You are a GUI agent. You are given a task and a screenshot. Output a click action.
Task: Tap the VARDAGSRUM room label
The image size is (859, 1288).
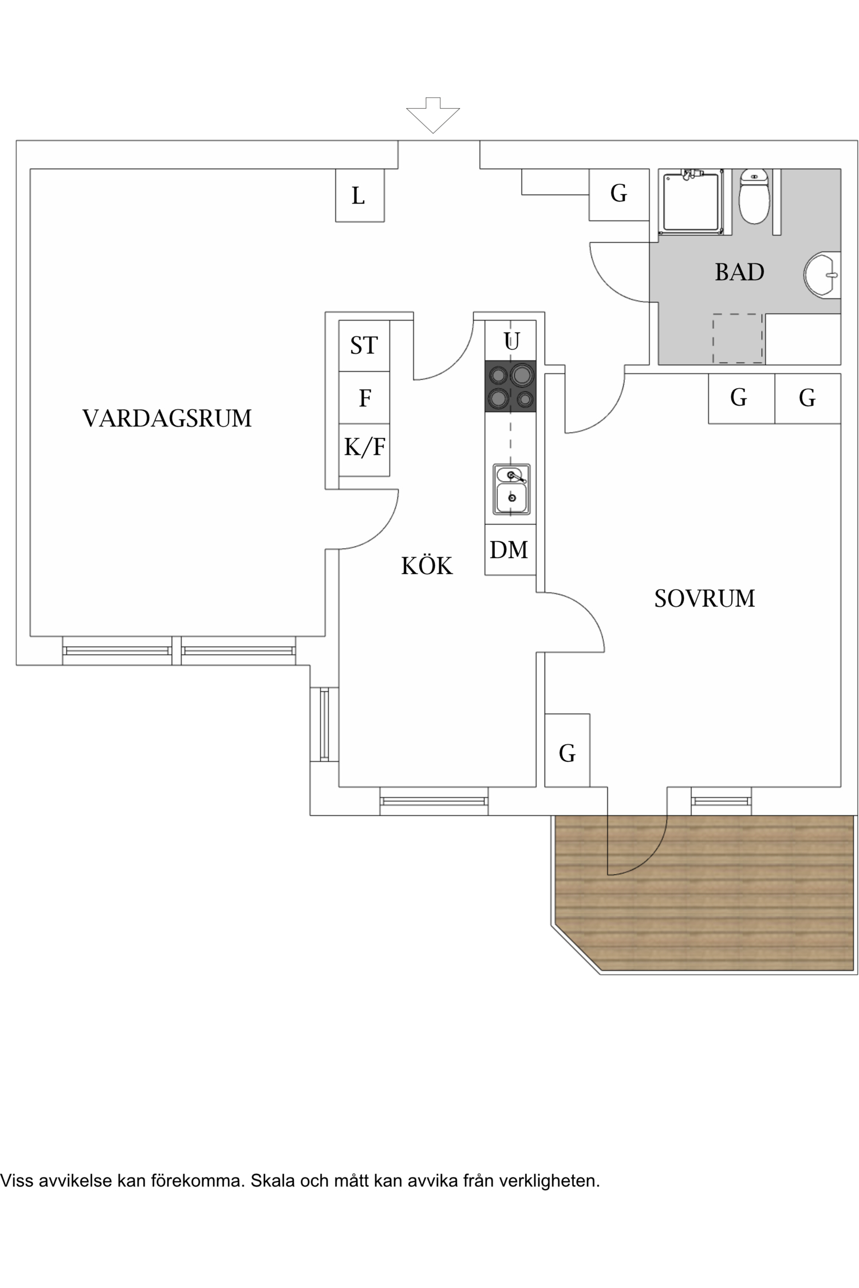(x=167, y=418)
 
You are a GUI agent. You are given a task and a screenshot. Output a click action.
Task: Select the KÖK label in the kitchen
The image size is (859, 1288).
(x=427, y=566)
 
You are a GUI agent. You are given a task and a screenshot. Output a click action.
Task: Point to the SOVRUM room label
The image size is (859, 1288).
(x=704, y=598)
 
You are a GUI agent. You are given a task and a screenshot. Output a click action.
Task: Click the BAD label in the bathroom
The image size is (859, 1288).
(x=739, y=272)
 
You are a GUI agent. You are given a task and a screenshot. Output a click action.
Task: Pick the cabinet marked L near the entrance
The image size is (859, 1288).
(x=359, y=195)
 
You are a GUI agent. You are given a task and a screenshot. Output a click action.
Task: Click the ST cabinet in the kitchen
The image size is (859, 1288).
(x=364, y=346)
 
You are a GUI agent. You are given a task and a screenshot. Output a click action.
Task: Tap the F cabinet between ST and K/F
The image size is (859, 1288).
(x=364, y=398)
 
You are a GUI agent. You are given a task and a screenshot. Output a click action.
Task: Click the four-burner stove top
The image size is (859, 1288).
(x=510, y=386)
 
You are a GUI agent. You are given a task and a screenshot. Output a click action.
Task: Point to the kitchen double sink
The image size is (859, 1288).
(x=511, y=489)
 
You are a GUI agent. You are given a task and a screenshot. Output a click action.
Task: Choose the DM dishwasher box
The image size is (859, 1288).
(x=510, y=550)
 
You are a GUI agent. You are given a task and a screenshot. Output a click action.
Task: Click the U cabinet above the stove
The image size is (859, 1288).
(x=511, y=341)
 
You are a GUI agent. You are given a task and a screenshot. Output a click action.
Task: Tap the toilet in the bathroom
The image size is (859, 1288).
(x=754, y=197)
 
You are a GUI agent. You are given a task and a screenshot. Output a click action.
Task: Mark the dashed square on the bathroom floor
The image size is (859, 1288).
(x=738, y=338)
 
